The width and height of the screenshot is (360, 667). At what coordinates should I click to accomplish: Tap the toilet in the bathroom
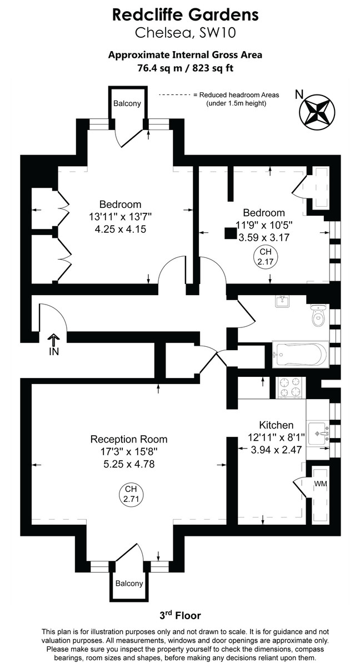pos(318,315)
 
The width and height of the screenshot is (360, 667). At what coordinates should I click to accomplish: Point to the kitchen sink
pos(318,431)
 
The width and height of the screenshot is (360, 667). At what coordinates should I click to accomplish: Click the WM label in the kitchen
pos(321,484)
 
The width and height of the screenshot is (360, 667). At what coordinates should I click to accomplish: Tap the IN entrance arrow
pos(53,345)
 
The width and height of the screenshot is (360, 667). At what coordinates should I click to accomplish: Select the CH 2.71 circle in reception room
pos(131,494)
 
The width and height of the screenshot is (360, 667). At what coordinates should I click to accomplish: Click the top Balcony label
pos(127,103)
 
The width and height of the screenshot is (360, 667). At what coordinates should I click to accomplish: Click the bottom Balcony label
pos(129,584)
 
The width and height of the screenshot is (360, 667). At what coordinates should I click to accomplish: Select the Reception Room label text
pos(129,439)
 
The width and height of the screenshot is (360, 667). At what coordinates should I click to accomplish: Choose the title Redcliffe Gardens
pos(178,14)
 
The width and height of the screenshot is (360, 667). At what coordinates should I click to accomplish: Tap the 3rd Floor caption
pos(179,615)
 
